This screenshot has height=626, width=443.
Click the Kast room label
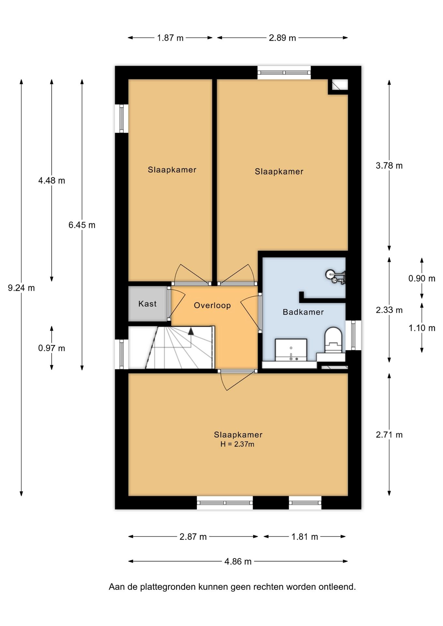147,304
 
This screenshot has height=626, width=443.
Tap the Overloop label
212,306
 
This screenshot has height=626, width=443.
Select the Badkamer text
303,312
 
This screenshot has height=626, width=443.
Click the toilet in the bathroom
332,341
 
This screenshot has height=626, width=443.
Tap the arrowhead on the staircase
191,332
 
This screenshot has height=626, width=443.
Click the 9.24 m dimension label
22,288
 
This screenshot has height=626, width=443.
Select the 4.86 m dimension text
238,561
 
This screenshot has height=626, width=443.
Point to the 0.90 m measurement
422,278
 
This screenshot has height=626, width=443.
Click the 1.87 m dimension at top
170,38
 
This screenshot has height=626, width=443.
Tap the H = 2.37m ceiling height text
237,444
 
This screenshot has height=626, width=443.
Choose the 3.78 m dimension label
389,166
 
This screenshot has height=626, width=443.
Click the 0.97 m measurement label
52,348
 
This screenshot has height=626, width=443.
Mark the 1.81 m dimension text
305,537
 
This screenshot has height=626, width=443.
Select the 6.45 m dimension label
82,225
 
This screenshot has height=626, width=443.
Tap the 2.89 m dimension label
283,38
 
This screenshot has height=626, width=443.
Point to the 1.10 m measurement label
422,328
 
